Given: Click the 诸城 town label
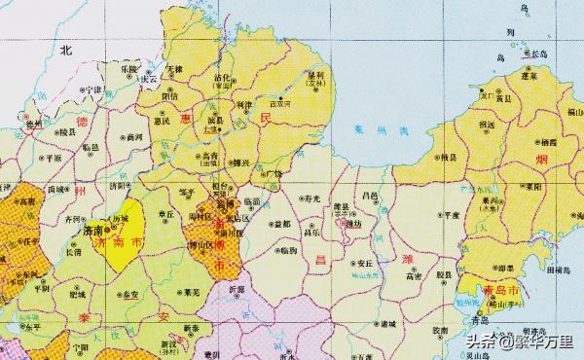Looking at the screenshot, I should pos(388,322).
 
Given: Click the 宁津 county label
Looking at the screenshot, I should pos(92,89).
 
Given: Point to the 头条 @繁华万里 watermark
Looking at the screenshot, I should pos(515,341).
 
